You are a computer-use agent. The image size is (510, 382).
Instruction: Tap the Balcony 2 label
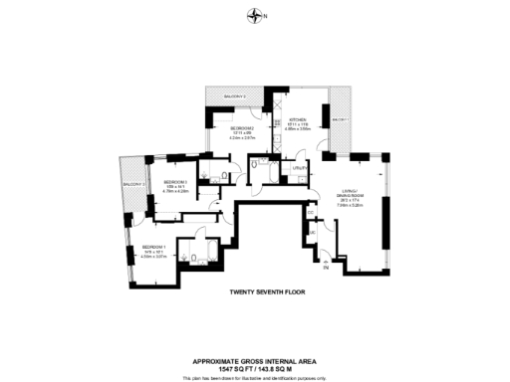point(235,96)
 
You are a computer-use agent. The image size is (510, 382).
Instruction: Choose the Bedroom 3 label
point(175,182)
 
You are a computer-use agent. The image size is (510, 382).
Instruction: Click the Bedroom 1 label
point(153,246)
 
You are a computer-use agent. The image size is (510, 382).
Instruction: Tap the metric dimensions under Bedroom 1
point(153,256)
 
